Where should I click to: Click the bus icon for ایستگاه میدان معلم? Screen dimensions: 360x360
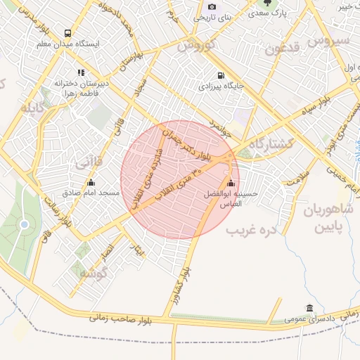click(x=67, y=33)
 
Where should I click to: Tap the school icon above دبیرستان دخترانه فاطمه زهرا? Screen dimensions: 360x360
click(x=82, y=72)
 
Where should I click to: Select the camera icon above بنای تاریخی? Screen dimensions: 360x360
click(x=212, y=6)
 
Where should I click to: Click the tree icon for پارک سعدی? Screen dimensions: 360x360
click(x=268, y=3)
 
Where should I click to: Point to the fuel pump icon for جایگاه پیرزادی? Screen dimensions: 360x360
click(x=221, y=75)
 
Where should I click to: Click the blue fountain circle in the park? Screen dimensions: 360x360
click(x=25, y=224)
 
